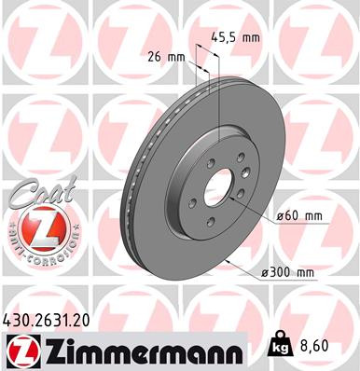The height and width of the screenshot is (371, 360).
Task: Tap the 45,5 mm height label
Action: click(236, 39)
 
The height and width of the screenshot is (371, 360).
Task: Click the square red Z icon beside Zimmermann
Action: click(21, 350)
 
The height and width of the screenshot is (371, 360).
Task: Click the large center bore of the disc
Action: click(217, 185)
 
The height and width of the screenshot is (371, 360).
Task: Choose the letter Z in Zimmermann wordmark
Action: click(49, 350)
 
